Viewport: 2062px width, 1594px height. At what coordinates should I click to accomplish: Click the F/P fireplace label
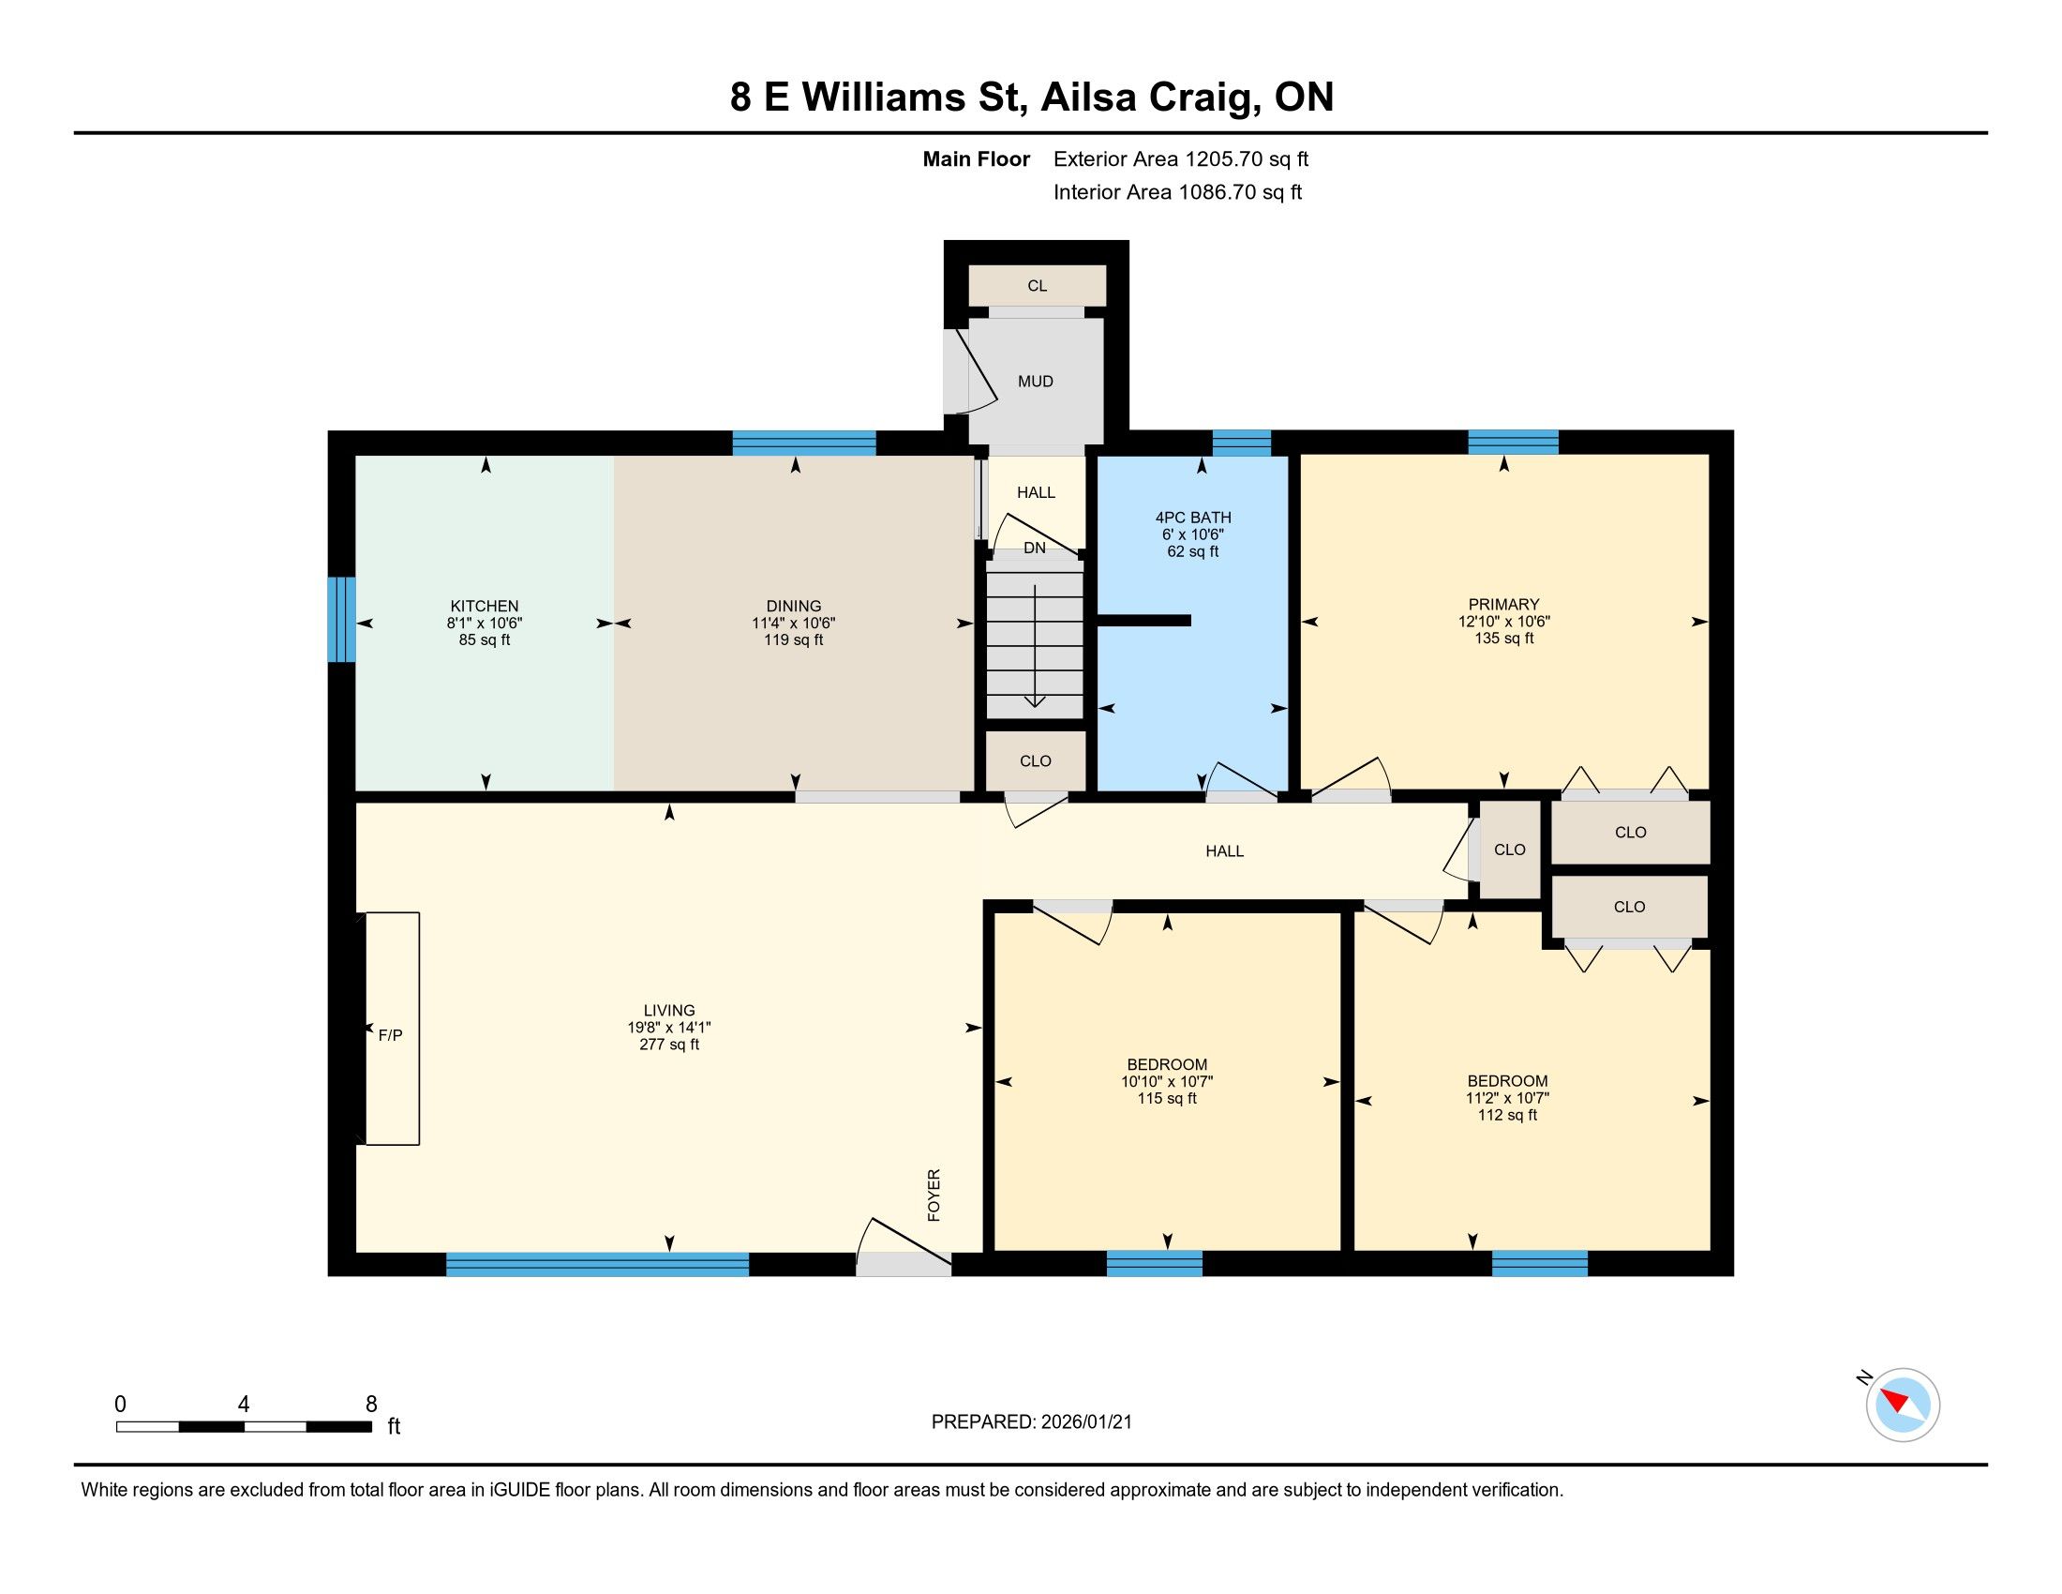(x=390, y=1035)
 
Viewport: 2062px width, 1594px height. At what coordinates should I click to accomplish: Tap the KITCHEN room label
(x=485, y=607)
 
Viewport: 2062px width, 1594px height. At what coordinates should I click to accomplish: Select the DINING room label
(x=793, y=607)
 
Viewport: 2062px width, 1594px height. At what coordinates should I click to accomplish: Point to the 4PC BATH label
(x=1193, y=518)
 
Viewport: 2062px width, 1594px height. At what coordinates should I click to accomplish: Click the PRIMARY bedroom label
(x=1504, y=605)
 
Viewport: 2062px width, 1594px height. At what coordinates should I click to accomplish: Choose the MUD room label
(x=1036, y=382)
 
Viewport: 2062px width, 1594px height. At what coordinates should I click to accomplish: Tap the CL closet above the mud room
(x=1038, y=286)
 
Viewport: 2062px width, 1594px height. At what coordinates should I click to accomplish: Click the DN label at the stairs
(x=1035, y=548)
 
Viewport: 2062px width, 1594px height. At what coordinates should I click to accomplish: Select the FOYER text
(x=934, y=1195)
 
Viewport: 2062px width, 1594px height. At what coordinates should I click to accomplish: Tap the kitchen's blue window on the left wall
(x=342, y=620)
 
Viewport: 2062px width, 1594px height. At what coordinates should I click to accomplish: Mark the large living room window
(x=598, y=1265)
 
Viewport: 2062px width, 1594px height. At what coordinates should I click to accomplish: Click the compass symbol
(x=1903, y=1405)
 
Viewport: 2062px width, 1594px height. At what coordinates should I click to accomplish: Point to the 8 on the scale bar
(x=371, y=1404)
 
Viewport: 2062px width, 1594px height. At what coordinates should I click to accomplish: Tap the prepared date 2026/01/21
(x=1085, y=1422)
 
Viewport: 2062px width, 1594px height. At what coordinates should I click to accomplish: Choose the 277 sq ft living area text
(x=669, y=1045)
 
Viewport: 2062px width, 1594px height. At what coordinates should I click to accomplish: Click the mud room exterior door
(x=969, y=371)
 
